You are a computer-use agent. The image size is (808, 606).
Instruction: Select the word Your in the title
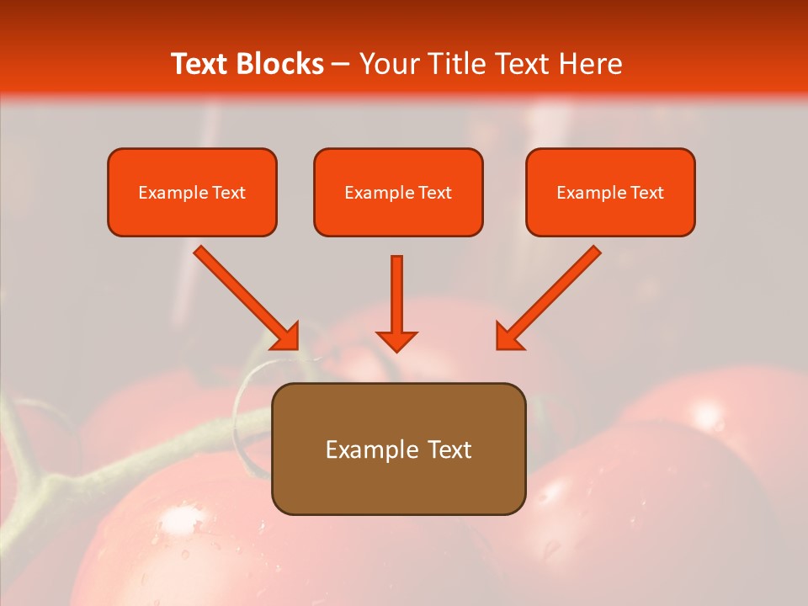389,64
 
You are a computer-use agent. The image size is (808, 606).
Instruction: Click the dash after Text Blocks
341,65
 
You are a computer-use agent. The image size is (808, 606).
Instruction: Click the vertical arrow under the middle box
396,295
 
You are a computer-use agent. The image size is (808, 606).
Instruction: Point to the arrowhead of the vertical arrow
396,341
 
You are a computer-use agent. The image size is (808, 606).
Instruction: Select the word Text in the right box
646,193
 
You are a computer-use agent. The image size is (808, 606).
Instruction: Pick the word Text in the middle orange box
434,193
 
